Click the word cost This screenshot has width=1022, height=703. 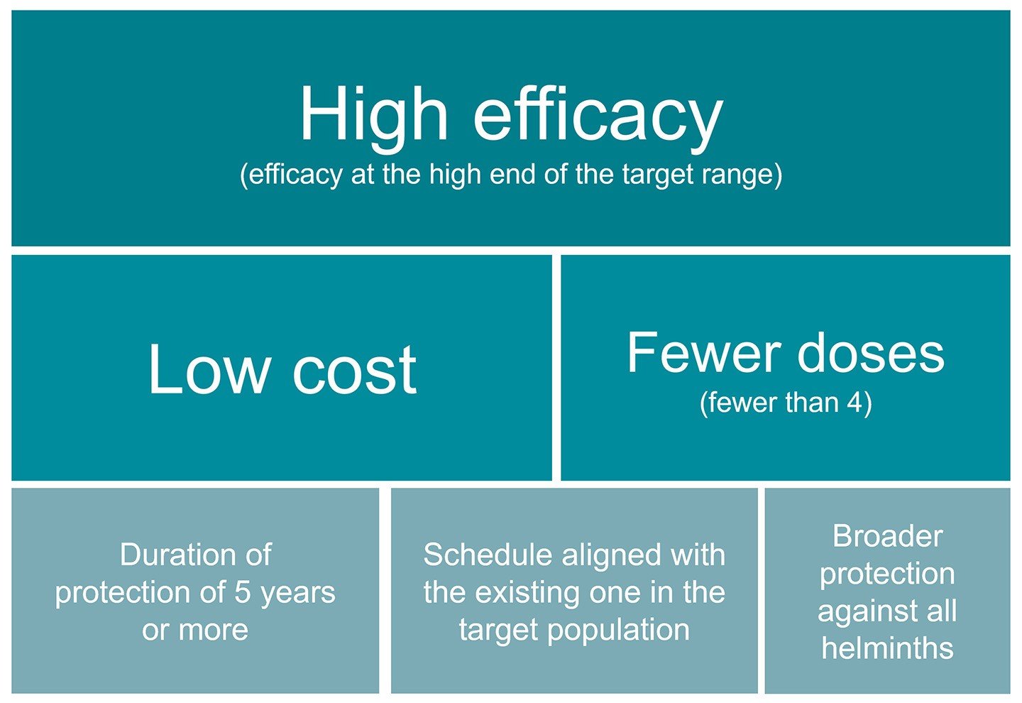click(x=355, y=370)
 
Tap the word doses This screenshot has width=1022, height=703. click(x=871, y=352)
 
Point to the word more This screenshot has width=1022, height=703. click(x=214, y=631)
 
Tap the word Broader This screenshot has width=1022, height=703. click(x=888, y=535)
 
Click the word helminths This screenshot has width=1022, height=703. click(x=887, y=648)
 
